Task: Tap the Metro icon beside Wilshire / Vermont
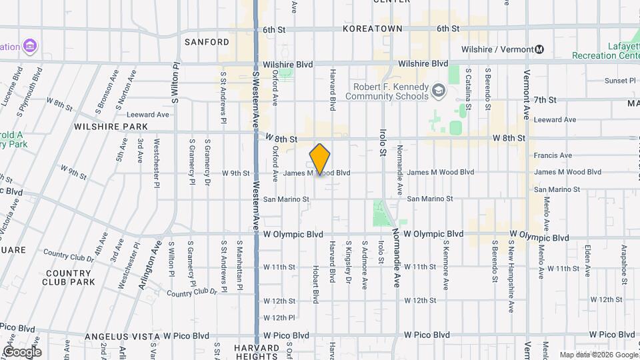pyautogui.click(x=539, y=49)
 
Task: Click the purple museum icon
pyautogui.click(x=30, y=46)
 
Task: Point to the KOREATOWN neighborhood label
pyautogui.click(x=373, y=29)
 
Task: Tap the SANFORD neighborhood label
pyautogui.click(x=207, y=42)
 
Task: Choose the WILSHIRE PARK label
pyautogui.click(x=111, y=126)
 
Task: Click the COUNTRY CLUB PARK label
pyautogui.click(x=69, y=277)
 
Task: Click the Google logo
pyautogui.click(x=22, y=351)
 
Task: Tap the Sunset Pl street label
pyautogui.click(x=620, y=81)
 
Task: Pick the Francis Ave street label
pyautogui.click(x=553, y=155)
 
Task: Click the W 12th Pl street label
pyautogui.click(x=279, y=317)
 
